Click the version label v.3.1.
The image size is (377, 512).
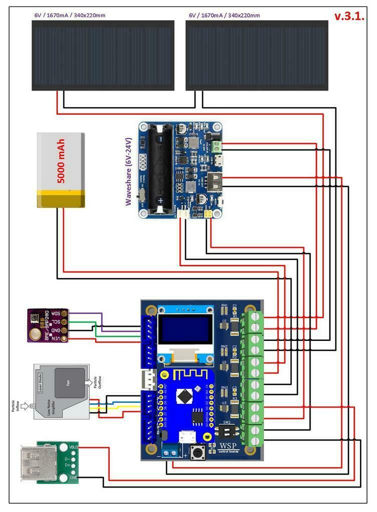349,16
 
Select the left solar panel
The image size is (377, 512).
103,55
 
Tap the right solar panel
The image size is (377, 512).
257,55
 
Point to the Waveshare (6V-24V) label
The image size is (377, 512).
128,172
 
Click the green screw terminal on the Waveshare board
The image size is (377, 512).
217,146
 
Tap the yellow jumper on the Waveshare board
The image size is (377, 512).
207,214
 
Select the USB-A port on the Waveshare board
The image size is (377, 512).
217,182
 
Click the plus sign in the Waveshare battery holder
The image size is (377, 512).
161,199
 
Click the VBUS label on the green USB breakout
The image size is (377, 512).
73,446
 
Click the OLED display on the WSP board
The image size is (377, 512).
184,330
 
